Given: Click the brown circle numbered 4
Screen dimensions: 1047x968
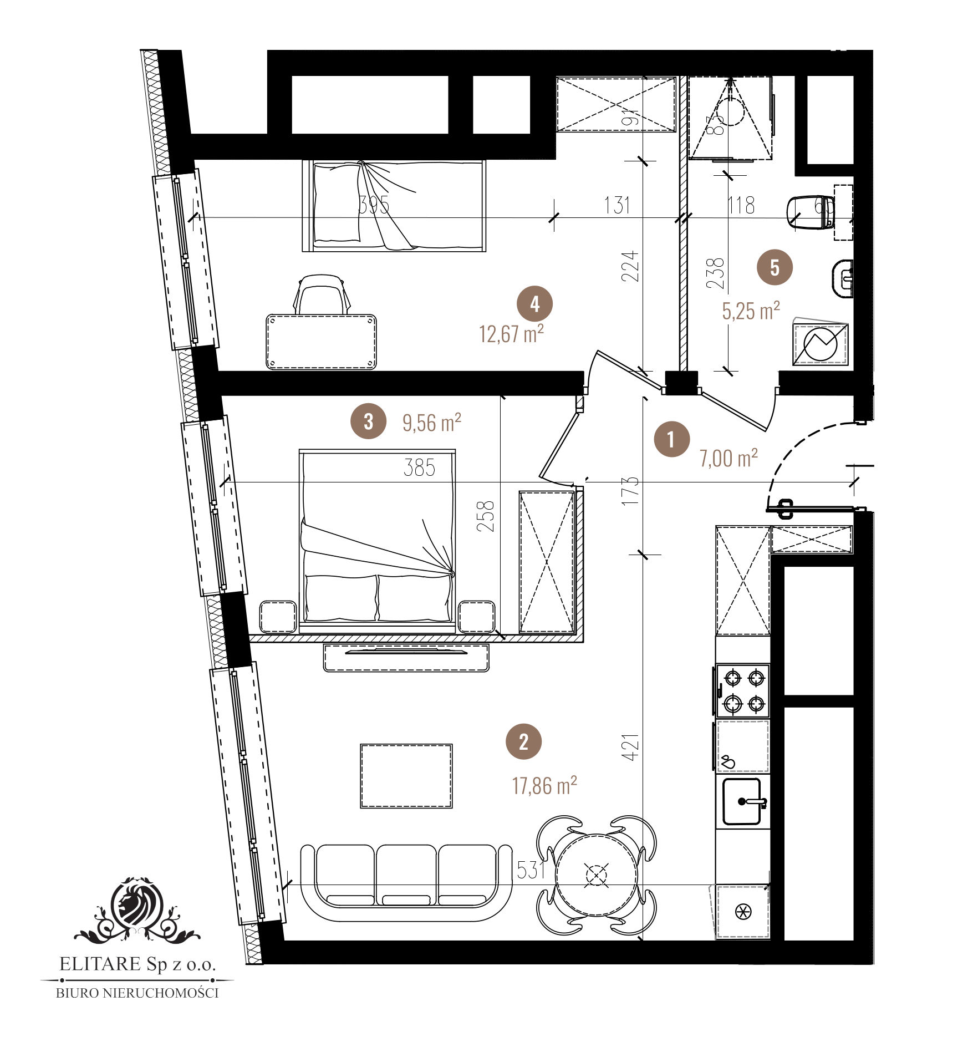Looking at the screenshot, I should pyautogui.click(x=534, y=304).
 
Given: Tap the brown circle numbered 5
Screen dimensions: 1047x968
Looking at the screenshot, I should pyautogui.click(x=775, y=267).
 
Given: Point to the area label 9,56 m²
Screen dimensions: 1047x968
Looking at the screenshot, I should pyautogui.click(x=431, y=423).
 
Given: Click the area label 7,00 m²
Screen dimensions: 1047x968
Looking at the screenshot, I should pyautogui.click(x=728, y=458).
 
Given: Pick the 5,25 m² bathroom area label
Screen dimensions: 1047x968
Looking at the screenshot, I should pyautogui.click(x=751, y=311).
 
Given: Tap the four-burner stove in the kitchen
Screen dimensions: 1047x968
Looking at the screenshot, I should pyautogui.click(x=743, y=691).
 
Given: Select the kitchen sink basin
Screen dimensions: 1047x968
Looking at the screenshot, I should pyautogui.click(x=742, y=801).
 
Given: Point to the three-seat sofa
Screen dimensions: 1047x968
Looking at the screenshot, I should pyautogui.click(x=406, y=882).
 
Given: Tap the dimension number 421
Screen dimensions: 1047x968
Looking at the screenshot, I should pyautogui.click(x=631, y=747).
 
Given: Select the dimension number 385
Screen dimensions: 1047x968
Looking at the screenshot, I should pyautogui.click(x=419, y=468).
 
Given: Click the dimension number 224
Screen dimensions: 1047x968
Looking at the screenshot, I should pyautogui.click(x=631, y=266).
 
